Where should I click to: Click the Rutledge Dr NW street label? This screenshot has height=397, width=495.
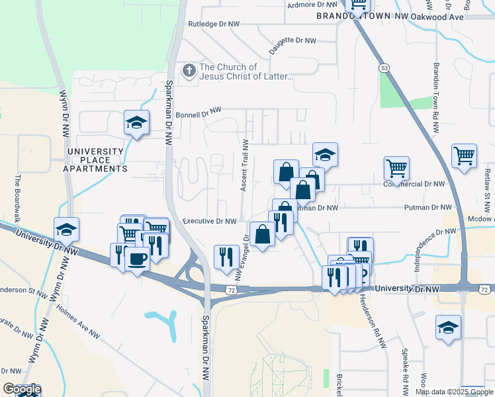tap(214, 24)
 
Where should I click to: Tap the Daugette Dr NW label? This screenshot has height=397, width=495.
tap(293, 45)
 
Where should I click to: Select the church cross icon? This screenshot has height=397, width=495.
tap(189, 70)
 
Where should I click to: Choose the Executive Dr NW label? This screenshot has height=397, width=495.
tap(209, 221)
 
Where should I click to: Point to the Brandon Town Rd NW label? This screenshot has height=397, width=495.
tap(436, 99)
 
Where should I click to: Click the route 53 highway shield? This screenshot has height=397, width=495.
tap(383, 68)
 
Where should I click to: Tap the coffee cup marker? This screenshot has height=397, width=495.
tap(136, 258)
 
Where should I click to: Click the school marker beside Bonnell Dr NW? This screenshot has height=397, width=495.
tap(136, 122)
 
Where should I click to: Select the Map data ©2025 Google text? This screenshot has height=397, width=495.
tap(454, 392)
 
